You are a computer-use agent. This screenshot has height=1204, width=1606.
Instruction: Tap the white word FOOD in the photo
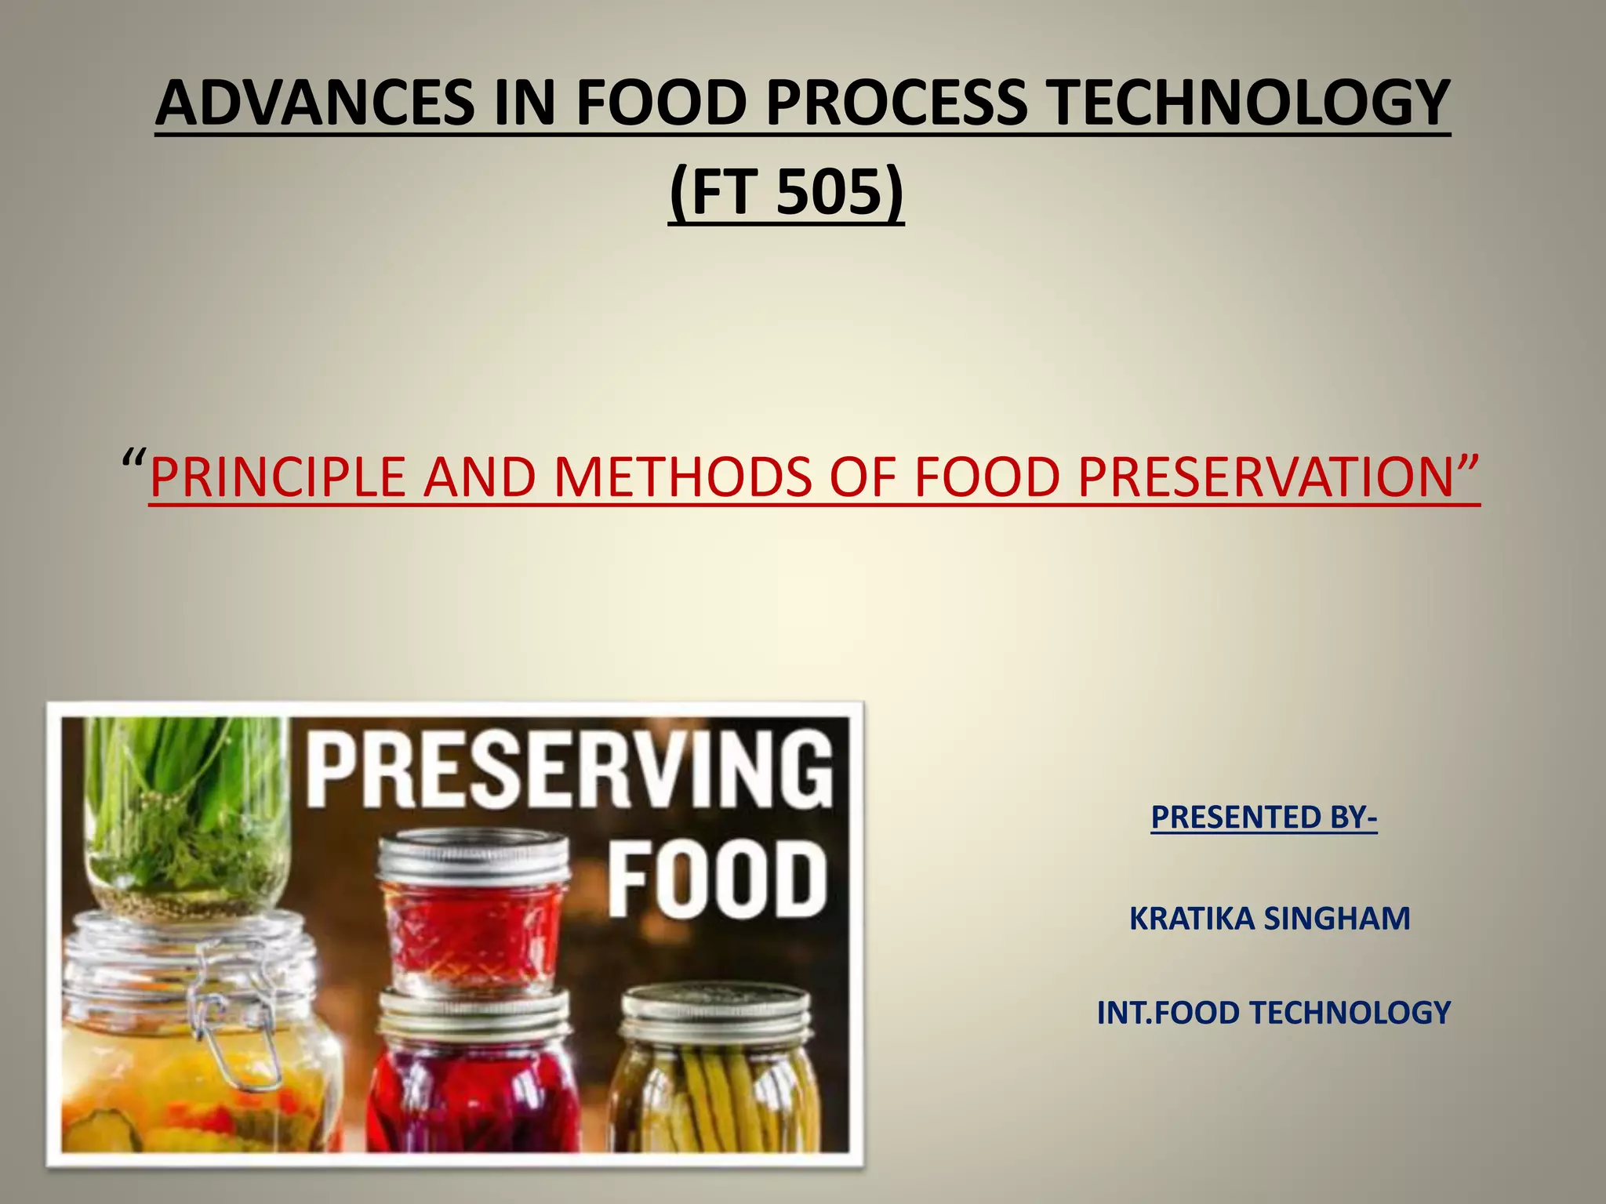(x=717, y=878)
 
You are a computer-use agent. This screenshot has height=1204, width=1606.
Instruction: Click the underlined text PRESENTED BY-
(x=1263, y=817)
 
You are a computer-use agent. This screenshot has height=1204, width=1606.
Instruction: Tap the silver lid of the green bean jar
(x=715, y=1011)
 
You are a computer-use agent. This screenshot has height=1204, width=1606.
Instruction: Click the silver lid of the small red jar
(x=472, y=858)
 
